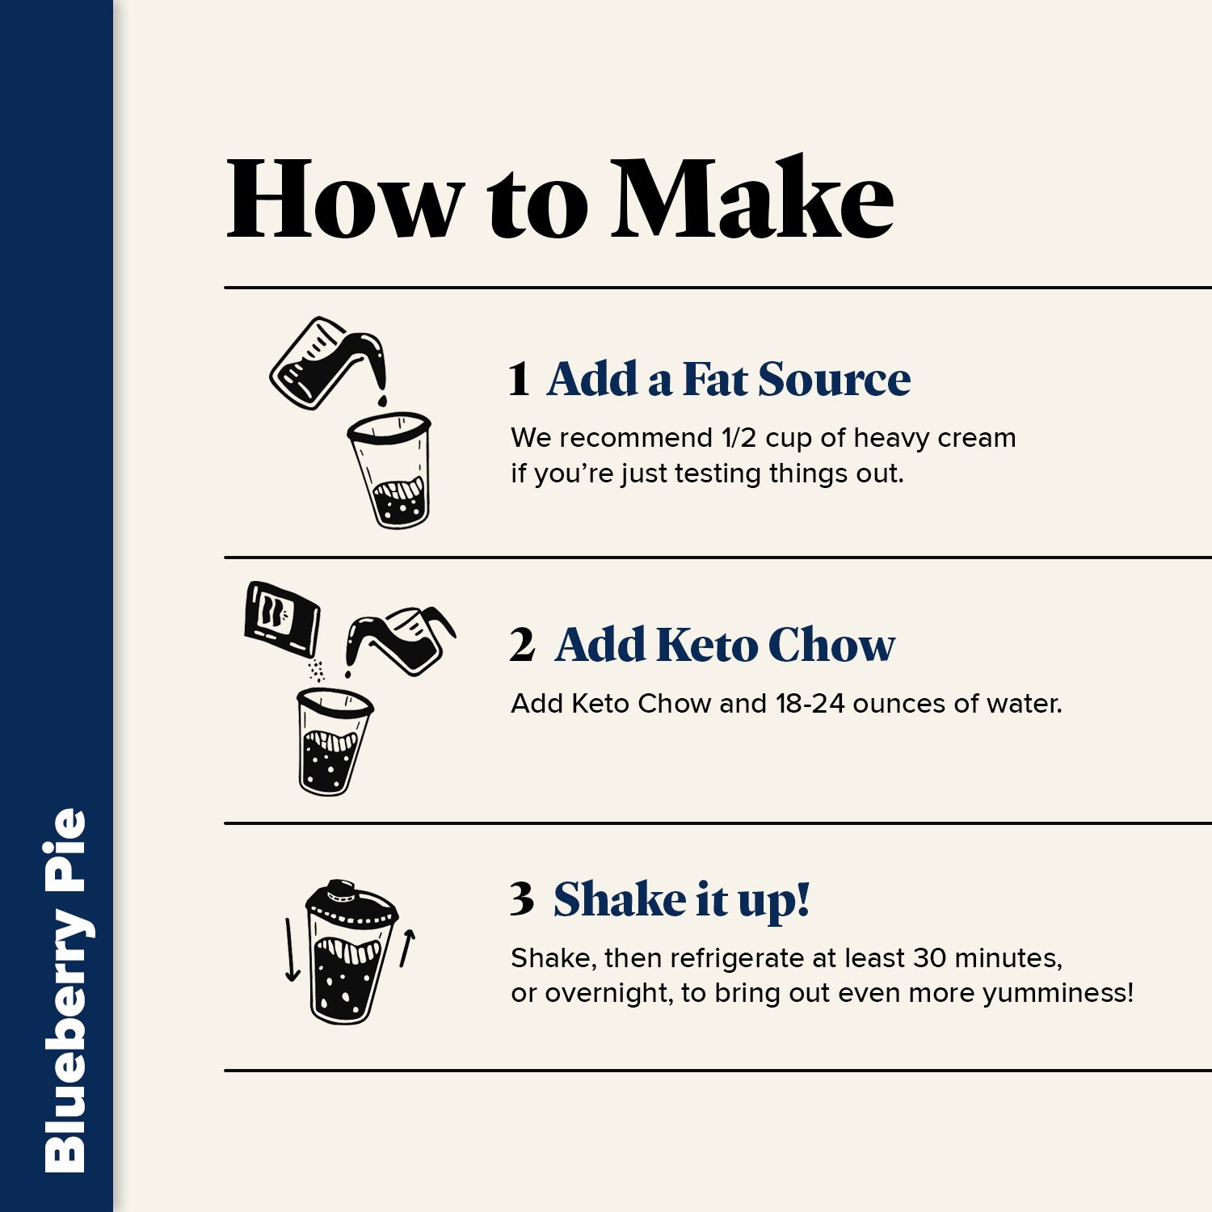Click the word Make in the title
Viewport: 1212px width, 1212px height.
pyautogui.click(x=752, y=198)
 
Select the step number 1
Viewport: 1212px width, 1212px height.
pyautogui.click(x=519, y=379)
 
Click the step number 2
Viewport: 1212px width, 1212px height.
pyautogui.click(x=522, y=645)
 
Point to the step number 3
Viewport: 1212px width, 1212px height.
pyautogui.click(x=522, y=898)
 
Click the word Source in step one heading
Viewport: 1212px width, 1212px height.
pyautogui.click(x=835, y=379)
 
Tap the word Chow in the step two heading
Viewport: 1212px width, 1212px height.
pyautogui.click(x=831, y=645)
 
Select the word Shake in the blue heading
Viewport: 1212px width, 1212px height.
pyautogui.click(x=620, y=898)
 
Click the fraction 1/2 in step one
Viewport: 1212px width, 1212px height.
pyautogui.click(x=739, y=438)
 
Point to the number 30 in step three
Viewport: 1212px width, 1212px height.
pyautogui.click(x=929, y=958)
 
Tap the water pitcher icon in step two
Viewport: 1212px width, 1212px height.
pyautogui.click(x=400, y=641)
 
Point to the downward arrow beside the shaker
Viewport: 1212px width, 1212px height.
pyautogui.click(x=291, y=950)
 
